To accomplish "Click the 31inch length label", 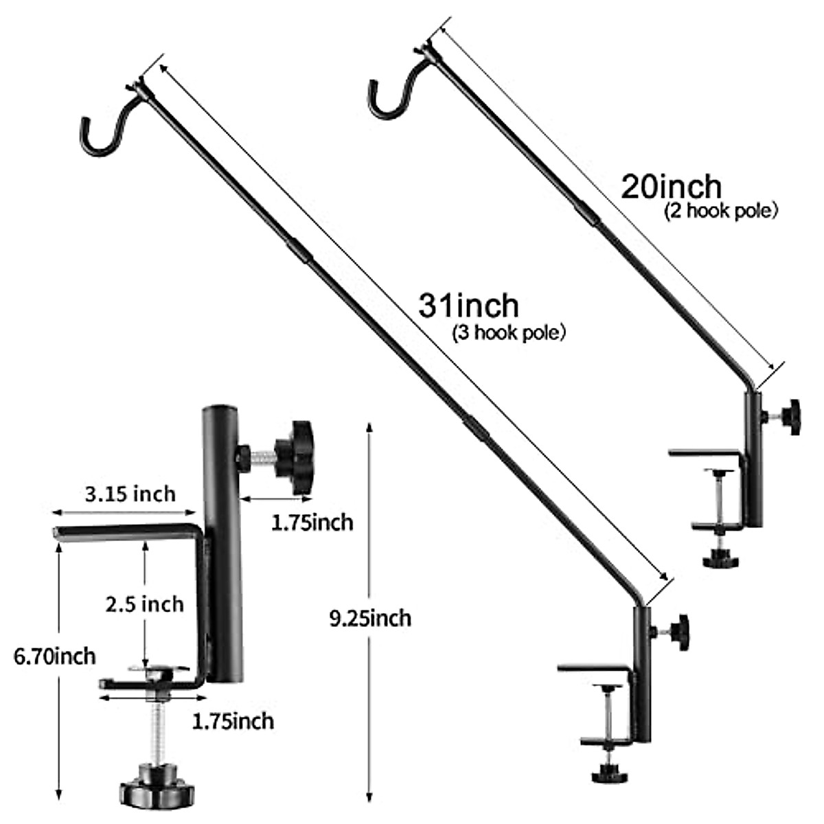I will click(468, 306).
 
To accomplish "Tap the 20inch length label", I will click(671, 187).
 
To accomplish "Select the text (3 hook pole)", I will click(508, 334).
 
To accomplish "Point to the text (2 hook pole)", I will click(720, 211).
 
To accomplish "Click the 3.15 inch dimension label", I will click(130, 494).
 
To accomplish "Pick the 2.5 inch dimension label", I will click(144, 604).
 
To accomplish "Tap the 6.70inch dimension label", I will click(55, 656).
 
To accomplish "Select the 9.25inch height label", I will click(370, 619).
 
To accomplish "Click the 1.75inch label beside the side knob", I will click(312, 523).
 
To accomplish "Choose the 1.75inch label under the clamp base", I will click(233, 721).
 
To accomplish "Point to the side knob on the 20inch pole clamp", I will click(792, 416).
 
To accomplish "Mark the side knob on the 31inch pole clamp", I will click(680, 632).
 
